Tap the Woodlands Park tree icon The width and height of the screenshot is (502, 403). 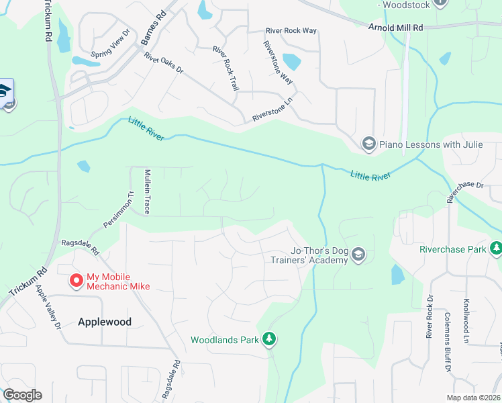coord(269,339)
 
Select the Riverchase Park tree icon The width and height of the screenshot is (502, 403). coord(496,249)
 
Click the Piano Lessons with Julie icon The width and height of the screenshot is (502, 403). coord(368,144)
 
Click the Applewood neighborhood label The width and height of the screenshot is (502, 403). coord(104,322)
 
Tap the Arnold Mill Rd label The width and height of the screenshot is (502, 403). coord(396,28)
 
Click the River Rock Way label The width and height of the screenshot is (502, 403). coord(291,31)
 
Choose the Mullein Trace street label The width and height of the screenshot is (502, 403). coord(148,192)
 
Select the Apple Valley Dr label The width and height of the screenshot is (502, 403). coord(48,306)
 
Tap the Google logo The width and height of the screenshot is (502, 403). coord(22,395)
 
